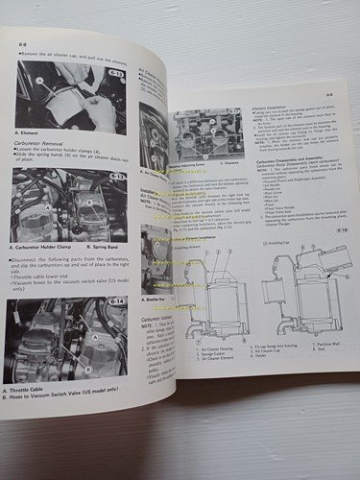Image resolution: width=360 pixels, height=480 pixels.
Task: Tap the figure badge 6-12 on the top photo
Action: tap(115, 73)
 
